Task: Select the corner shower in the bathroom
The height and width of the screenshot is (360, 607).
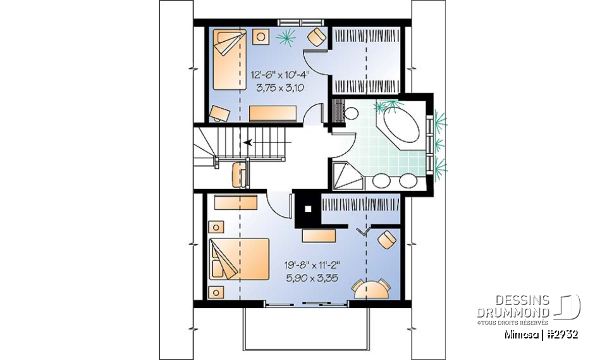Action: [346, 174]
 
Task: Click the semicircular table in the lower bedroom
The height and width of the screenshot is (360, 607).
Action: [371, 289]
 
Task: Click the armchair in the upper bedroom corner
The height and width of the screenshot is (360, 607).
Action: [315, 38]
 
